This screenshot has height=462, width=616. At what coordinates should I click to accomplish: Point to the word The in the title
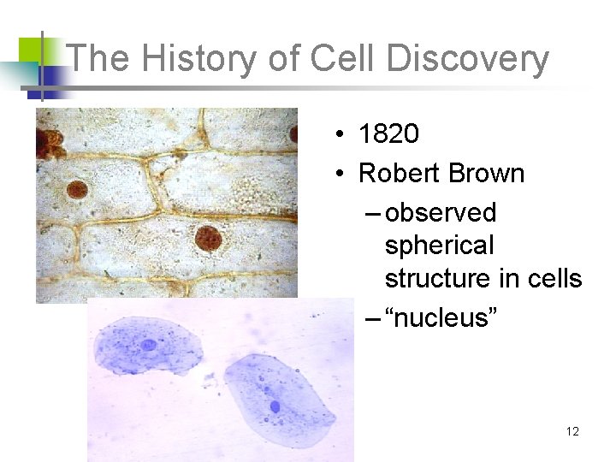[97, 59]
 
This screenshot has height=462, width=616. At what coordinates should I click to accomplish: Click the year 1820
[388, 134]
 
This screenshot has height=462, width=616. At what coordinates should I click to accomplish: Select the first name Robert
[395, 174]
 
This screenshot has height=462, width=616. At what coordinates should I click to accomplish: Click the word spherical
[439, 246]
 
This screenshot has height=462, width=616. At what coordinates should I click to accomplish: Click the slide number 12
[572, 431]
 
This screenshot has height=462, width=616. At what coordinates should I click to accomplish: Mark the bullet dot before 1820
[340, 135]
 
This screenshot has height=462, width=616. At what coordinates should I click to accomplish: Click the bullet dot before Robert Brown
[340, 175]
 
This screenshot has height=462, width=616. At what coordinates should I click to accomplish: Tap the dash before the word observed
[372, 213]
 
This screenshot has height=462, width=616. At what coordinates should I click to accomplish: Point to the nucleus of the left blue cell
[150, 345]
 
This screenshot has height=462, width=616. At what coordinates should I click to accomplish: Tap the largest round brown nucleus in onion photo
[208, 238]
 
